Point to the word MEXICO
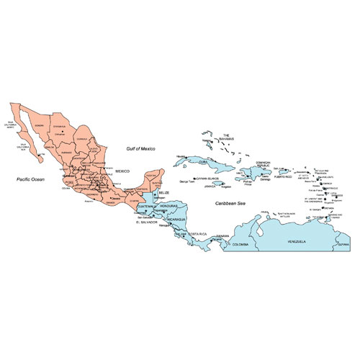coord(123,171)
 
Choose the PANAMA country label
coord(222,235)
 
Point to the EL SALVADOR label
coord(147,222)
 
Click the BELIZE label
coord(165,194)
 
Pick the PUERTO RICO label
coord(284,176)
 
